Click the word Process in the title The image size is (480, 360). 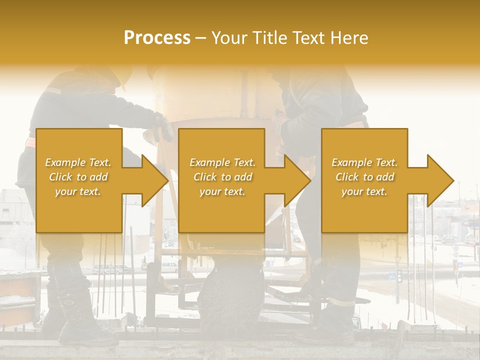pyautogui.click(x=157, y=38)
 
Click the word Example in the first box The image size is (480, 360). pyautogui.click(x=65, y=162)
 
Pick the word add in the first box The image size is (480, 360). pyautogui.click(x=99, y=177)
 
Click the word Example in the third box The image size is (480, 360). pyautogui.click(x=351, y=162)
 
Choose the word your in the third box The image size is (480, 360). pyautogui.click(x=351, y=191)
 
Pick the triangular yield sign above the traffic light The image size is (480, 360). pyautogui.click(x=398, y=260)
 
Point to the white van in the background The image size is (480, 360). pyautogui.click(x=169, y=266)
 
